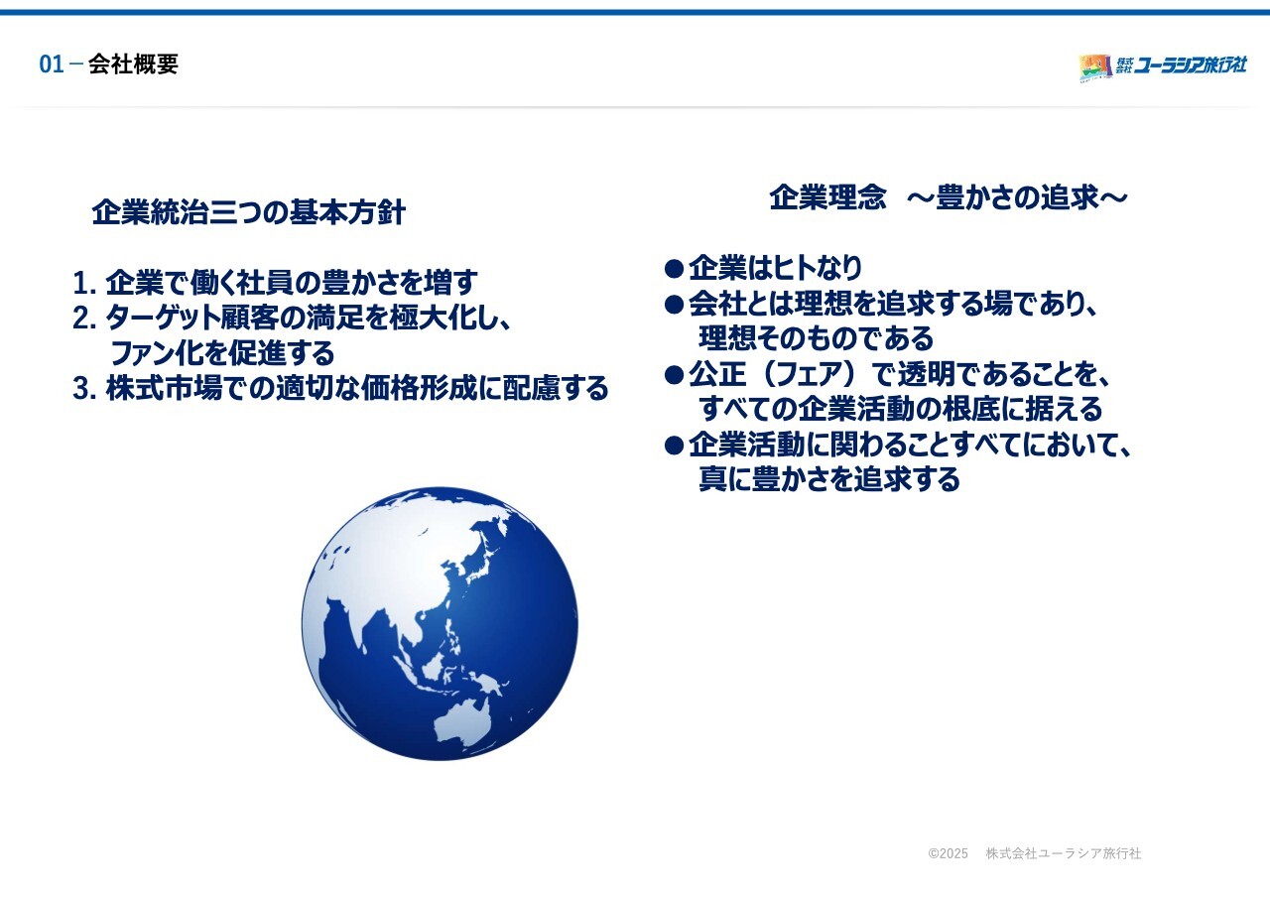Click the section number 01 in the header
[x=51, y=64]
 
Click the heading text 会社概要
[x=133, y=64]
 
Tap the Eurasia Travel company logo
[x=1163, y=67]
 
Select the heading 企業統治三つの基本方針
[x=248, y=212]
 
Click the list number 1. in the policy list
[x=84, y=283]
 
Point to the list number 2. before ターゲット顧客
[x=84, y=319]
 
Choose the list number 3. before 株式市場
[x=84, y=388]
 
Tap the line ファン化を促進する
[x=222, y=352]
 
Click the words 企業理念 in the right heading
[x=827, y=197]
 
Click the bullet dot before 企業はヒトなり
[x=674, y=269]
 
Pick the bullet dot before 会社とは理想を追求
[x=674, y=305]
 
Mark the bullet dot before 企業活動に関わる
[x=674, y=446]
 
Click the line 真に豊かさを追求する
[x=829, y=479]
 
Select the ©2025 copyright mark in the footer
[x=948, y=853]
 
